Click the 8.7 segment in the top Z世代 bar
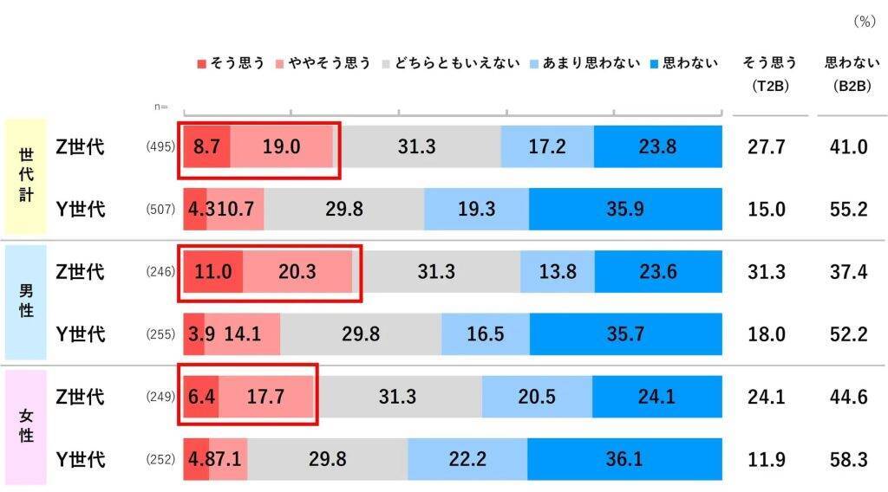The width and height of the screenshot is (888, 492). [x=206, y=147]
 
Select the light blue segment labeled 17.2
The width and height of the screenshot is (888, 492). [x=547, y=147]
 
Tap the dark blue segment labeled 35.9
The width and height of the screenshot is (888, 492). [x=625, y=210]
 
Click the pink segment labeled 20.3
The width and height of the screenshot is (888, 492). [x=297, y=272]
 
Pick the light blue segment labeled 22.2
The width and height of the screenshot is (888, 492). [x=467, y=459]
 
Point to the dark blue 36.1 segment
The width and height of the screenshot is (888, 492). [x=624, y=459]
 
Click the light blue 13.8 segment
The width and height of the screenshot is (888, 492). [x=558, y=272]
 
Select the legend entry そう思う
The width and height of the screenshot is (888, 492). [x=231, y=63]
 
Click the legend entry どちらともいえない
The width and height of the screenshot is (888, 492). [x=450, y=63]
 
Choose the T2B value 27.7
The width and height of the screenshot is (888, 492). [x=767, y=147]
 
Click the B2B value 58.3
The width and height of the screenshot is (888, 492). [x=848, y=459]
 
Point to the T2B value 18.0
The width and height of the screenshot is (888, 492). [x=767, y=334]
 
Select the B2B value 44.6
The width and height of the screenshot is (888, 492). [x=848, y=397]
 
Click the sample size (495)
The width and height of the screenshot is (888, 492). [x=161, y=147]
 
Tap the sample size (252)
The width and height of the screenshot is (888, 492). [x=161, y=459]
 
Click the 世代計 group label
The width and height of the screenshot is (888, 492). [x=26, y=176]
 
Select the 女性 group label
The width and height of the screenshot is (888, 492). [x=26, y=425]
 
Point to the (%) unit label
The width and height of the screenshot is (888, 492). [x=864, y=22]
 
